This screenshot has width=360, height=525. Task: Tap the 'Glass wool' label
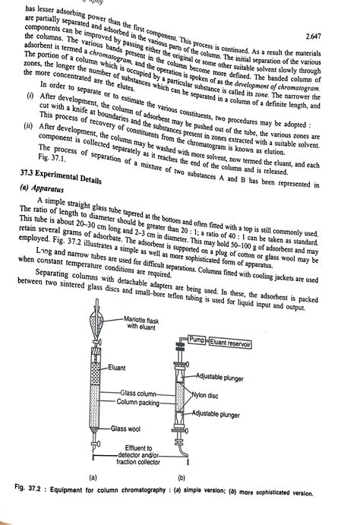point(128,429)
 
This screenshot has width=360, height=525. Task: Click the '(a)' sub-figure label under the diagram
point(92,477)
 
